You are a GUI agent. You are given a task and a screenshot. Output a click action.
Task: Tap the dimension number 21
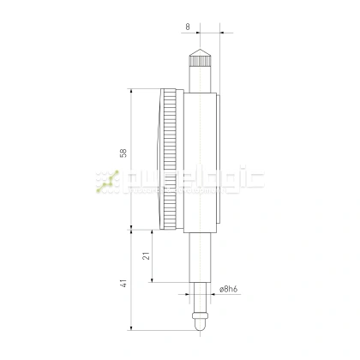tap(147, 255)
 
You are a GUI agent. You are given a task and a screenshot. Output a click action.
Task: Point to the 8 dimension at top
tap(189, 27)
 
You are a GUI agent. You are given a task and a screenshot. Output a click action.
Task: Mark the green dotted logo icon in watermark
tap(108, 180)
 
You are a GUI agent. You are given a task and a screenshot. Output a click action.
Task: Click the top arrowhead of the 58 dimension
tap(131, 90)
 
